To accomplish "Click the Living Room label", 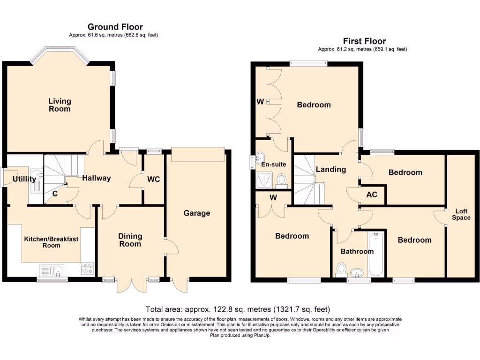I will click(x=60, y=105).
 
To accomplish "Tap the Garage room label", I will click(x=196, y=213).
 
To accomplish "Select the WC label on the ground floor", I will click(x=154, y=180).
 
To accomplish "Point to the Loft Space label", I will click(x=460, y=214).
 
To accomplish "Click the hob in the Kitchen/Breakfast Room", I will click(x=87, y=270).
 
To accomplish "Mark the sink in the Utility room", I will click(x=36, y=180).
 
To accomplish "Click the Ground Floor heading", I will click(x=115, y=27).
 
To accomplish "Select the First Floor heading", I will click(x=364, y=41).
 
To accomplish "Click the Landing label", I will click(x=330, y=170).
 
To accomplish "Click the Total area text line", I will click(x=238, y=309).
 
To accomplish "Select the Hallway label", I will click(x=97, y=178).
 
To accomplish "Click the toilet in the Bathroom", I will click(x=341, y=269).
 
